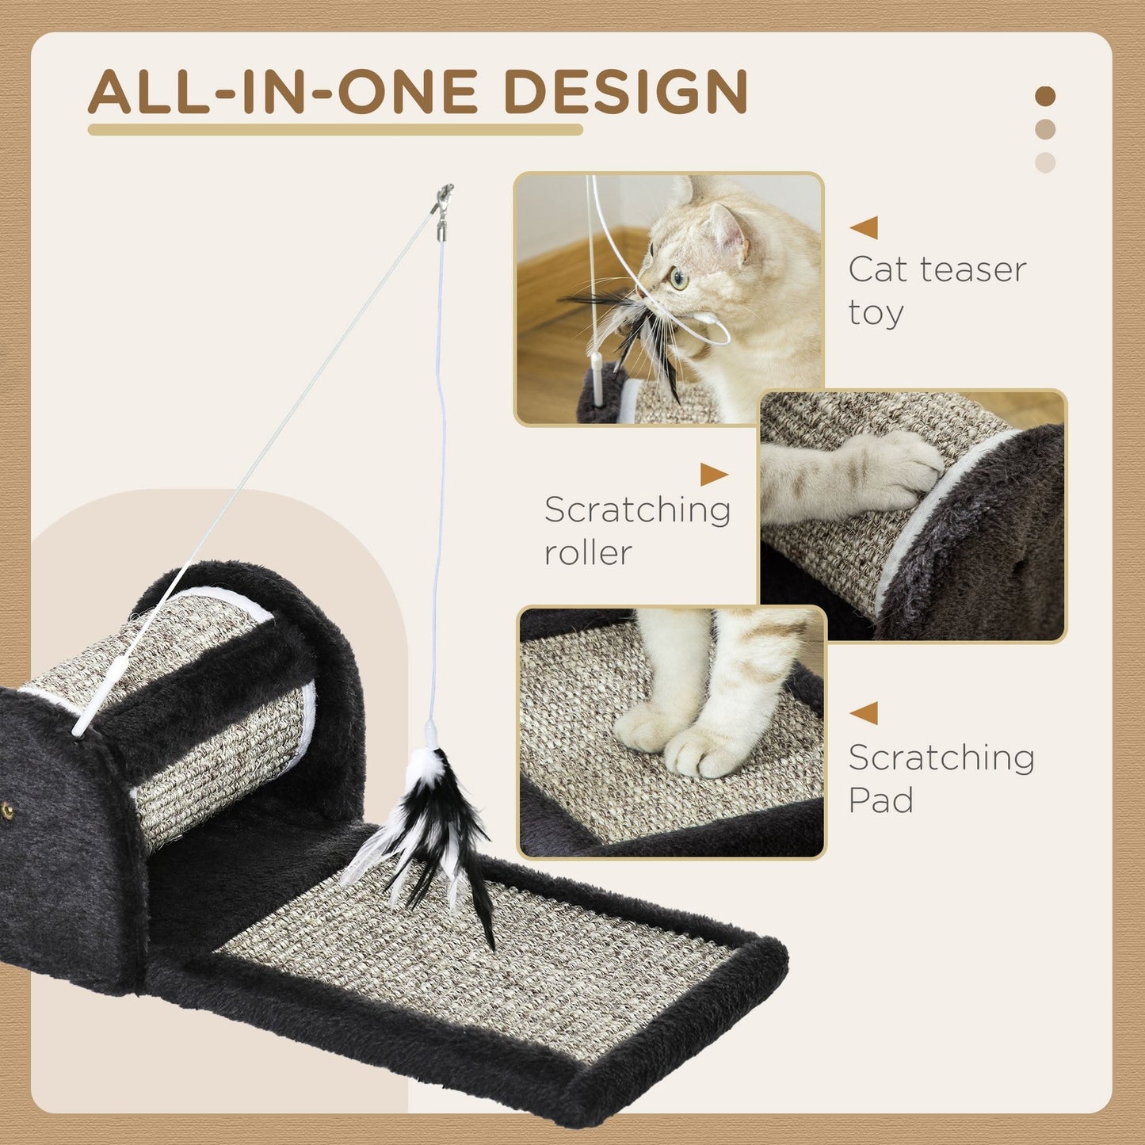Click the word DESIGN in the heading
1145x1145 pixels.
pos(625,93)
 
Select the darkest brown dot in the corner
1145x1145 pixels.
pos(1045,97)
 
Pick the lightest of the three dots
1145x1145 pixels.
pos(1045,162)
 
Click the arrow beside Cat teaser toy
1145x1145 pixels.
pos(864,227)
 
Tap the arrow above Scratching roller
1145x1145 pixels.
pos(713,475)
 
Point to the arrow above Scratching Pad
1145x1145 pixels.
pos(864,713)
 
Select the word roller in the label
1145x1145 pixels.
pos(587,553)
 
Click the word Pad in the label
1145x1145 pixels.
pos(880,800)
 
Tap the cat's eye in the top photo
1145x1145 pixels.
pos(678,278)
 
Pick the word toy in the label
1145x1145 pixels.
pos(876,313)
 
